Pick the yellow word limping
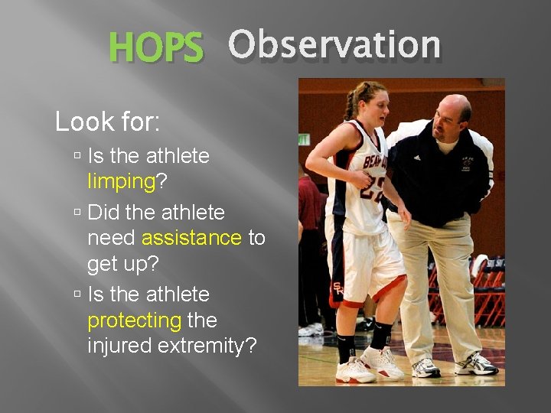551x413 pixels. [x=121, y=181]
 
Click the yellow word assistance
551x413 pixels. [x=191, y=238]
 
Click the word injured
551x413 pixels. [x=121, y=346]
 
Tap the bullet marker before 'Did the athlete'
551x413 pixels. [x=78, y=212]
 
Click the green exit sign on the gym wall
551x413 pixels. [x=304, y=139]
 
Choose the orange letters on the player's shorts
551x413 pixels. [x=337, y=290]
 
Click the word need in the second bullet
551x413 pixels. [x=112, y=238]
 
